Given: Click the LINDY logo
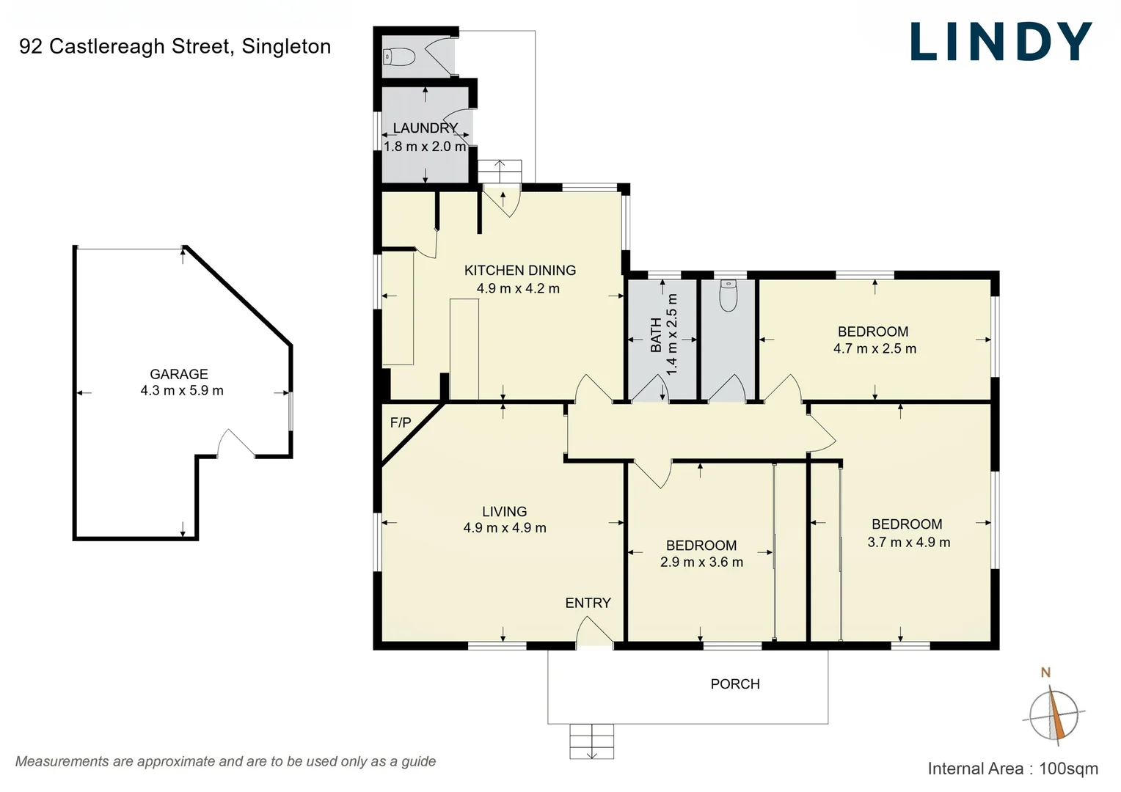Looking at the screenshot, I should tap(1001, 42).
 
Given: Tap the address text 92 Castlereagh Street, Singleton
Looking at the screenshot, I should tap(175, 46).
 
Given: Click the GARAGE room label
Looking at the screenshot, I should tap(179, 374).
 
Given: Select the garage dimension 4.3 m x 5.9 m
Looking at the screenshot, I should tap(182, 391).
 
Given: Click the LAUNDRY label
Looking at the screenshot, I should tap(425, 128).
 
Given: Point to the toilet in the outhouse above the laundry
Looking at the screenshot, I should tap(399, 56).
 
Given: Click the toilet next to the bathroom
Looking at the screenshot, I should tap(728, 296).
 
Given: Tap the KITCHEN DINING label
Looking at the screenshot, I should tap(519, 271).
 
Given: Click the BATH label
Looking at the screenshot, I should tap(656, 334).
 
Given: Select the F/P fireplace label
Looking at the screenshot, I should tap(401, 422).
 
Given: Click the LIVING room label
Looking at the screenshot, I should tap(504, 511).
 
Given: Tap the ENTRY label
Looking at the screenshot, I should tap(588, 603).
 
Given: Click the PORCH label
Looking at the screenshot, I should tap(734, 684).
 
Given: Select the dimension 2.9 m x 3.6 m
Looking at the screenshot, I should tap(701, 562).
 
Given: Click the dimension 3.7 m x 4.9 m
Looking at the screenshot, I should tap(908, 543).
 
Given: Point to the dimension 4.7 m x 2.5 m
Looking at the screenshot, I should tap(874, 349).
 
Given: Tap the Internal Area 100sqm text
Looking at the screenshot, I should tap(1012, 769).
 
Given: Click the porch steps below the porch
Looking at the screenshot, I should tap(591, 741).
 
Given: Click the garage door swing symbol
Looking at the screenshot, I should tap(235, 444).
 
